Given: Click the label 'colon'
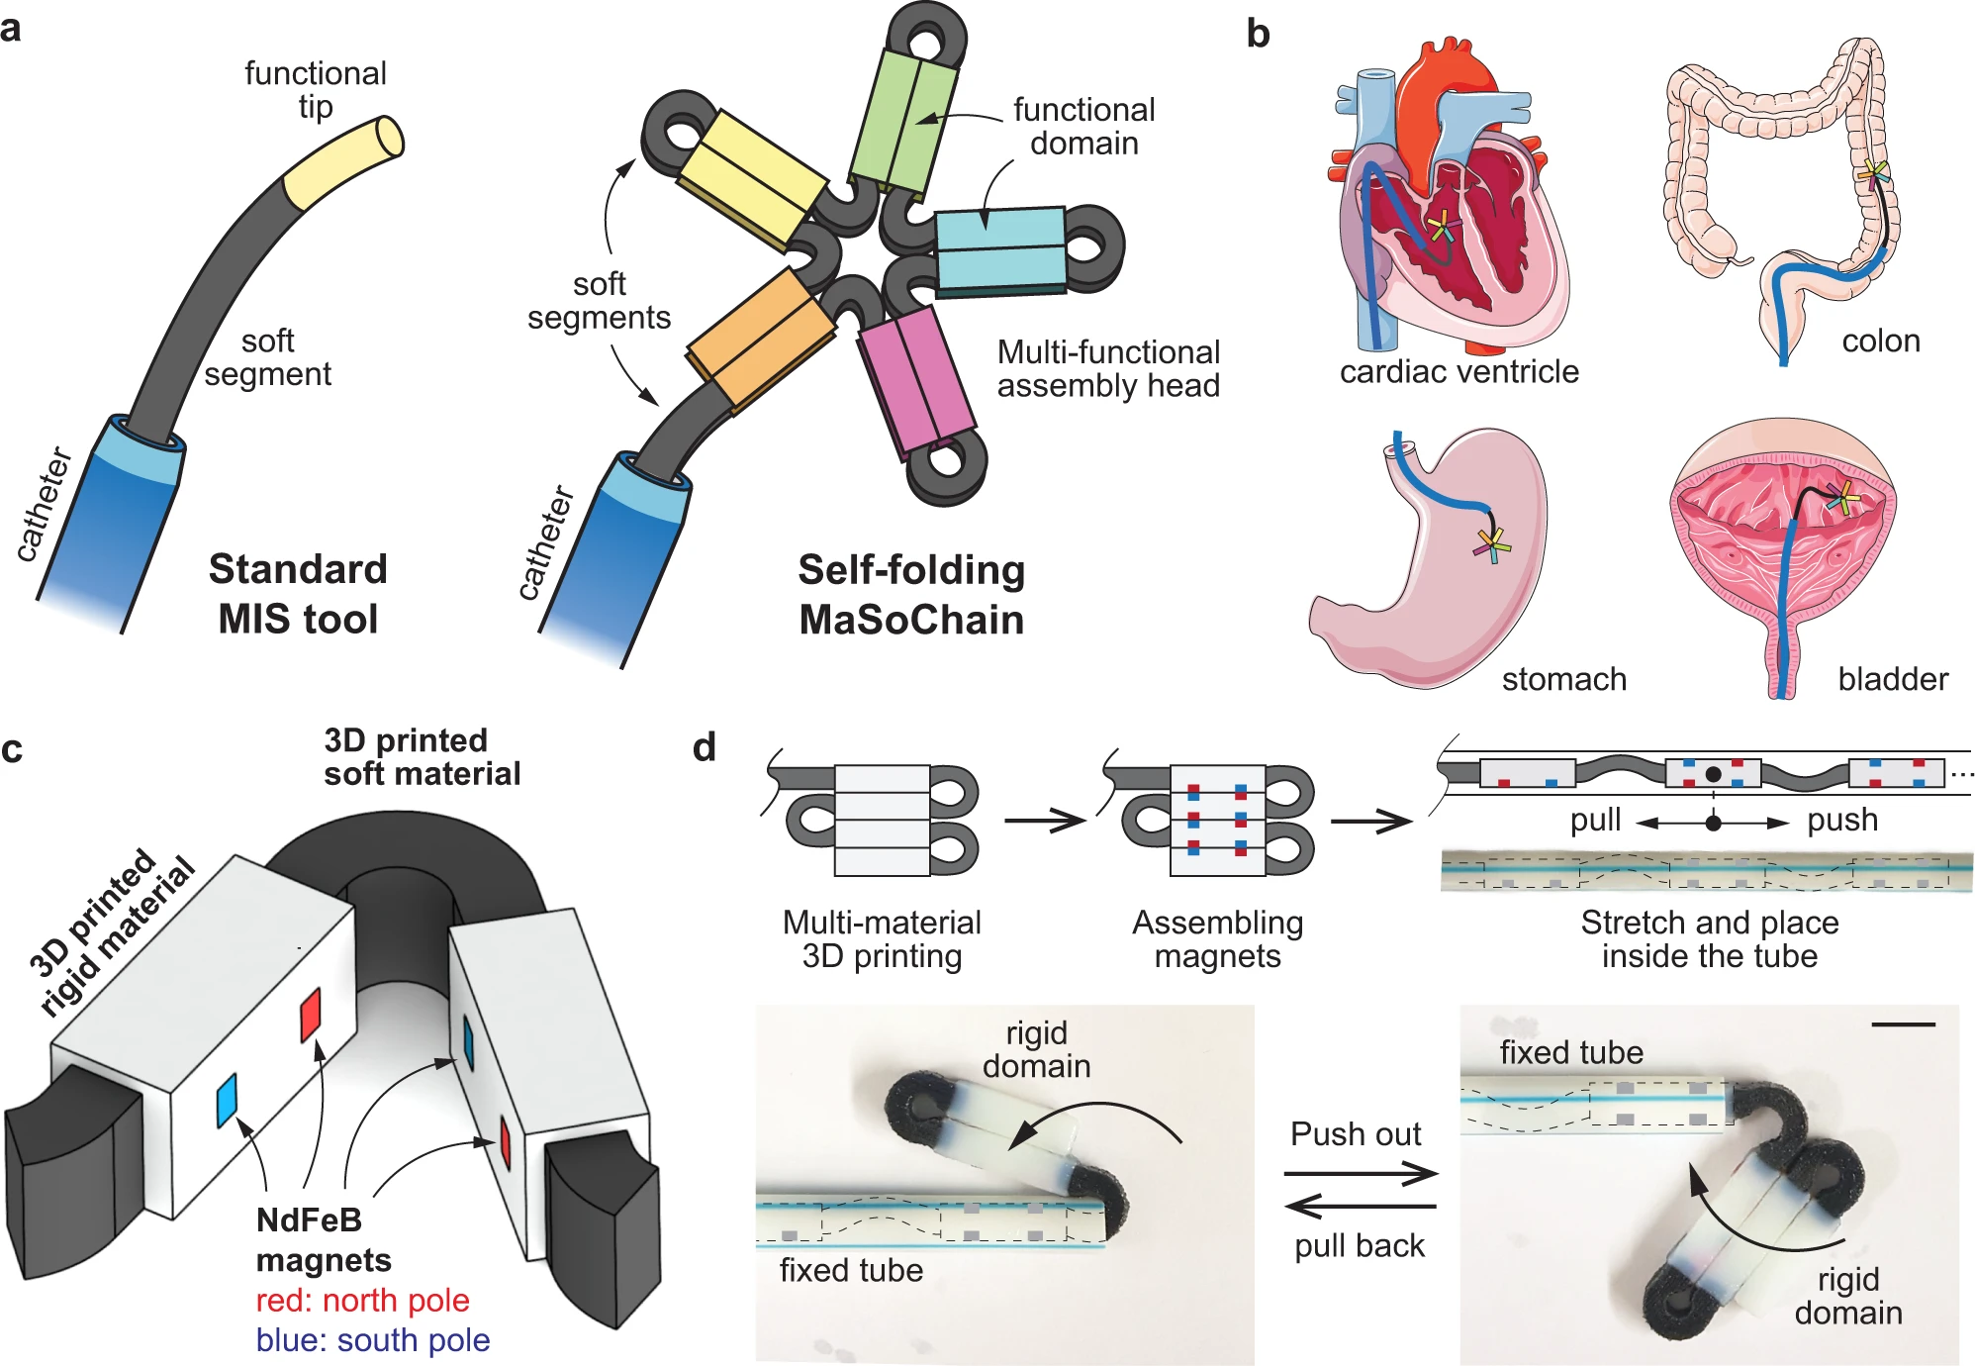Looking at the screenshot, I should pos(1880,341).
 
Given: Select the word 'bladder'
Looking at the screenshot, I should pos(1892,679).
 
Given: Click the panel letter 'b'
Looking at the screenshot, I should pos(1258,35).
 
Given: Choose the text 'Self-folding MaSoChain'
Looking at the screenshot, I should pos(911,595).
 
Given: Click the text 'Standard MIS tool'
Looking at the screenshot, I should pos(298,594).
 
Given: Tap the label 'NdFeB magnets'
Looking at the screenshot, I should pos(323,1239).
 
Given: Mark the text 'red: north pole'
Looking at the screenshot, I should pos(362,1301).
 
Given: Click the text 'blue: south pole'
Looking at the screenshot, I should pos(372,1340).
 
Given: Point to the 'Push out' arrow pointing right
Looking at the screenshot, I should pos(1361,1175).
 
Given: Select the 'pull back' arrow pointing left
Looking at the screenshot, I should pos(1361,1207).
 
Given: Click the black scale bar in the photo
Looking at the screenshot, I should pos(1904,1024).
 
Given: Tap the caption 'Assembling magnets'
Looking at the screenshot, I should pos(1217,939).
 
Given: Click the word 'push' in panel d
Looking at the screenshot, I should pos(1841,821).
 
